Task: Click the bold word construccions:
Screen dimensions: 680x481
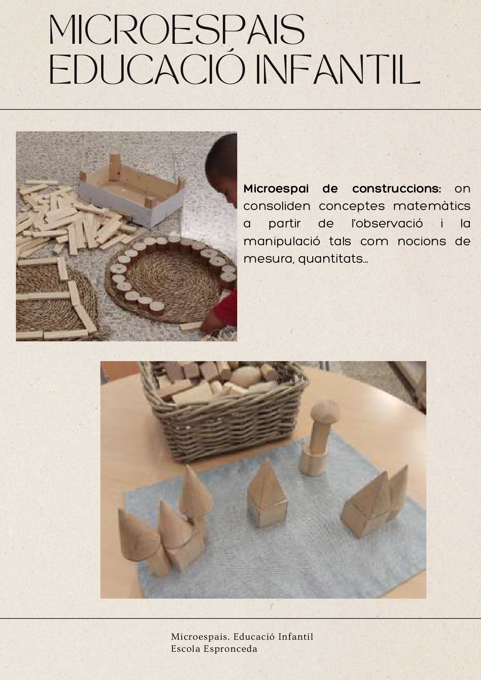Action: (397, 189)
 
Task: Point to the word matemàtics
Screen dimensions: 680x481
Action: (431, 206)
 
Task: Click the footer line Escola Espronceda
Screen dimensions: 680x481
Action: (214, 649)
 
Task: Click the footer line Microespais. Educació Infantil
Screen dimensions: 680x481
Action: (242, 637)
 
